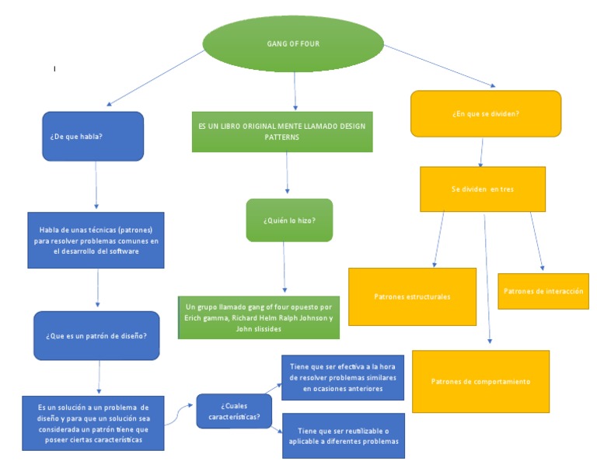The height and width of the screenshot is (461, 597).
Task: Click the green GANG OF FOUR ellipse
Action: (x=294, y=44)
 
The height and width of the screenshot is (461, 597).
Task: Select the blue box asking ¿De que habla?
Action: (x=93, y=137)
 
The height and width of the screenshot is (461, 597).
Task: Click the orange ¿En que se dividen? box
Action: (x=486, y=114)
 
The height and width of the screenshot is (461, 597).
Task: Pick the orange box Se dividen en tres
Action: (x=483, y=189)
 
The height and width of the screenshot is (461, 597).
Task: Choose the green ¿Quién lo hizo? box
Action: (x=289, y=220)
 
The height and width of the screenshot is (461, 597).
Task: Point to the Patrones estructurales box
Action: (x=412, y=296)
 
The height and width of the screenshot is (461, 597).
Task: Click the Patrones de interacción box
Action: (x=543, y=291)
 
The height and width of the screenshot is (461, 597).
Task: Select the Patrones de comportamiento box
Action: (x=480, y=381)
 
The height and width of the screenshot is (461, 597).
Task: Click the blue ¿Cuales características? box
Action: (x=233, y=411)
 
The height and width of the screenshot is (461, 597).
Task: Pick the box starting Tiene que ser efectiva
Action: (x=342, y=377)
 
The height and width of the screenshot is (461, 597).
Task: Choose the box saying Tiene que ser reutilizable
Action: (x=342, y=435)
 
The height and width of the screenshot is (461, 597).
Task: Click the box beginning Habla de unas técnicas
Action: (x=96, y=240)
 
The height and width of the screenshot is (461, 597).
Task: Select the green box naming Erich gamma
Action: (x=259, y=317)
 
